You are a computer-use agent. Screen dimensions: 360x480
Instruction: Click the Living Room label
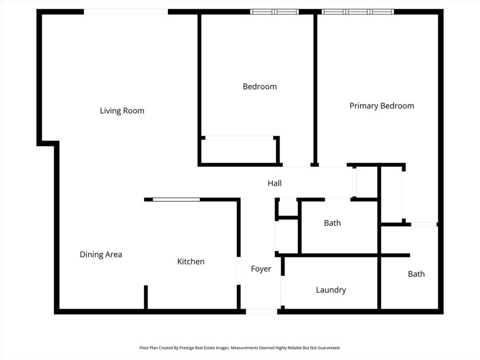pyautogui.click(x=122, y=111)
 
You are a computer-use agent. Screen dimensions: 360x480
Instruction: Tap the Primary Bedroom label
pyautogui.click(x=382, y=106)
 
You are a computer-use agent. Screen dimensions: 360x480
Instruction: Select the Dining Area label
pyautogui.click(x=101, y=254)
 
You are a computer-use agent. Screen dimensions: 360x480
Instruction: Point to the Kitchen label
pyautogui.click(x=190, y=262)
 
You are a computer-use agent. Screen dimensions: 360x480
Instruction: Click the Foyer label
pyautogui.click(x=261, y=269)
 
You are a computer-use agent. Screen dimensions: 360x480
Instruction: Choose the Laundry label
pyautogui.click(x=331, y=290)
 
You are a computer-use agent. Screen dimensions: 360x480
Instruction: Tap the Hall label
pyautogui.click(x=274, y=183)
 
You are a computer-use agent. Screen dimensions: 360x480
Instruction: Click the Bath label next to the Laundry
pyautogui.click(x=416, y=274)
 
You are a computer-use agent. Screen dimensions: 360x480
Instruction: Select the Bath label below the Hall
pyautogui.click(x=332, y=223)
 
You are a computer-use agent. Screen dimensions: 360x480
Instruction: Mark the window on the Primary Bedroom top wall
pyautogui.click(x=358, y=11)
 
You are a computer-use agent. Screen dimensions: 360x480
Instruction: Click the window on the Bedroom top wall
pyautogui.click(x=275, y=11)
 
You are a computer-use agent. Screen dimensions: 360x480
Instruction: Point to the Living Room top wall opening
pyautogui.click(x=126, y=11)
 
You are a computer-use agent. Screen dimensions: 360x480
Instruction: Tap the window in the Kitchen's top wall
pyautogui.click(x=177, y=199)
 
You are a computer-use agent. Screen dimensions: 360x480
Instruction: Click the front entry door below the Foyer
pyautogui.click(x=262, y=311)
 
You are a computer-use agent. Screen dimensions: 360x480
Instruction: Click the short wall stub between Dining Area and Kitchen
pyautogui.click(x=146, y=297)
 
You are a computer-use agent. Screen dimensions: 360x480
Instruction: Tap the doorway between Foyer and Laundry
pyautogui.click(x=282, y=293)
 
